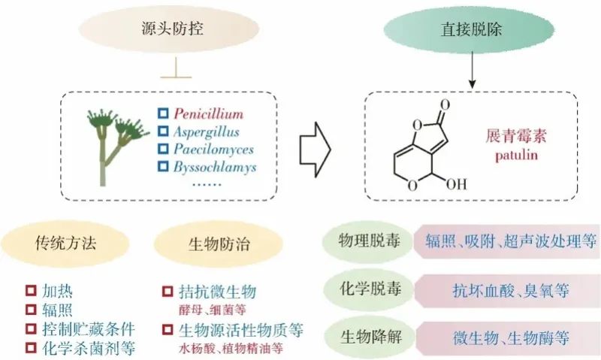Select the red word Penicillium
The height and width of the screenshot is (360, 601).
coord(208,114)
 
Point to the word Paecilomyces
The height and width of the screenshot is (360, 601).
coord(212,149)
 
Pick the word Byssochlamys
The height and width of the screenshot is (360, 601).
coord(215,166)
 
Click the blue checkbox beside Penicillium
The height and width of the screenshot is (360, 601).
coord(162,114)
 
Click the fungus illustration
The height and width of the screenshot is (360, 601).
coord(112,143)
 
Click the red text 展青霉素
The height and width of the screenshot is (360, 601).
coord(514,139)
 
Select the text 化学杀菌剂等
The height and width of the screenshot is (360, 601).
coord(91,348)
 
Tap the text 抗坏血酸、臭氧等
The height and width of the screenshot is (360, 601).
coord(510,289)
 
